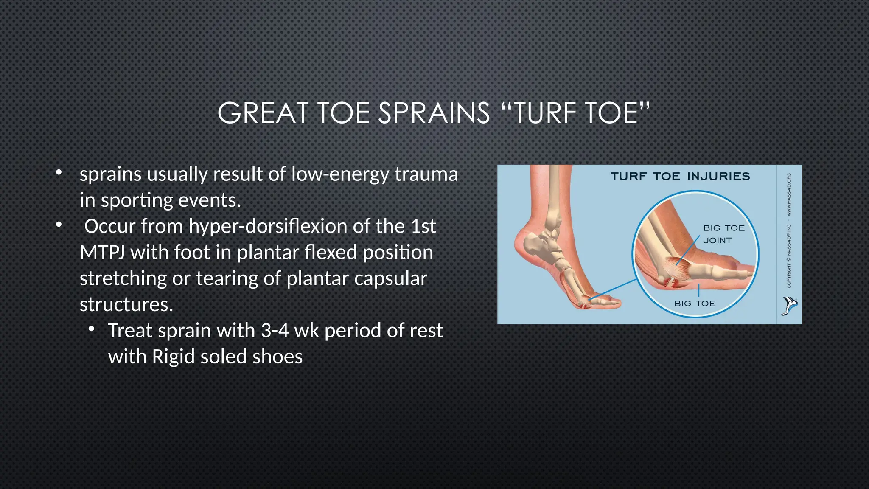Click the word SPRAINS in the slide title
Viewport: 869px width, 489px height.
coord(434,113)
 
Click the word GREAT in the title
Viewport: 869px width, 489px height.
coord(262,113)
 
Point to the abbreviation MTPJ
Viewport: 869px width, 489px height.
coord(102,253)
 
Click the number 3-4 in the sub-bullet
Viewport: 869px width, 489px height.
coord(275,331)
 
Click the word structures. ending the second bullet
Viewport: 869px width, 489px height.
coord(126,304)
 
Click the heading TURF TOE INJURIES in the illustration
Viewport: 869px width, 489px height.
coord(680,176)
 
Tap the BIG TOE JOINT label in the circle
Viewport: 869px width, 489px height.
coord(723,234)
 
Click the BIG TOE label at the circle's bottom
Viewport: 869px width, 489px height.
coord(695,304)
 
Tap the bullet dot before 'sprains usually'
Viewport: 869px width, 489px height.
coord(59,173)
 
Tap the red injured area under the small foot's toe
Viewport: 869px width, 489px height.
coord(585,305)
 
